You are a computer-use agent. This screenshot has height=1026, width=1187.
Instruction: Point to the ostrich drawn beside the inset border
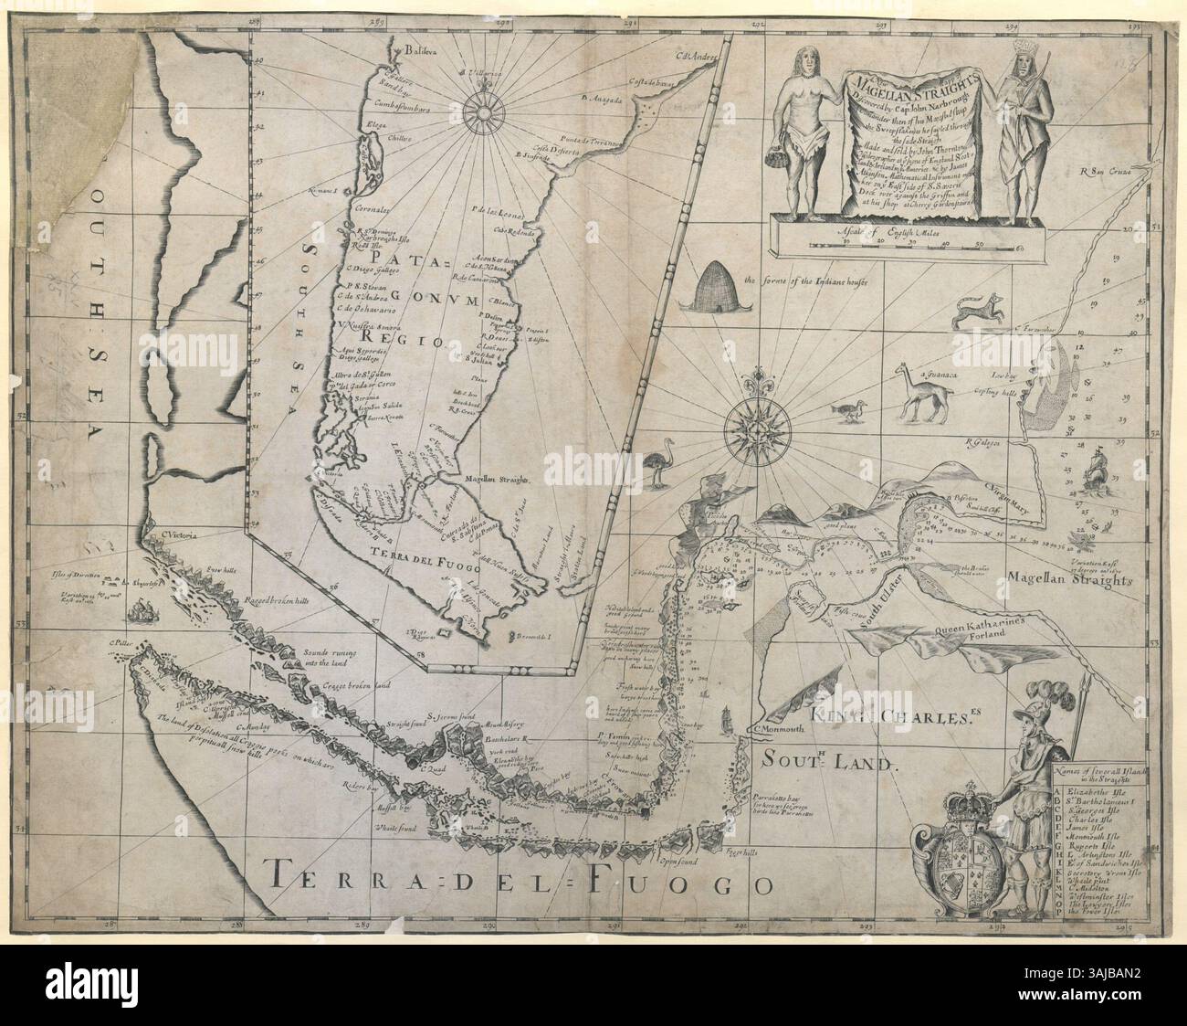click(657, 467)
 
